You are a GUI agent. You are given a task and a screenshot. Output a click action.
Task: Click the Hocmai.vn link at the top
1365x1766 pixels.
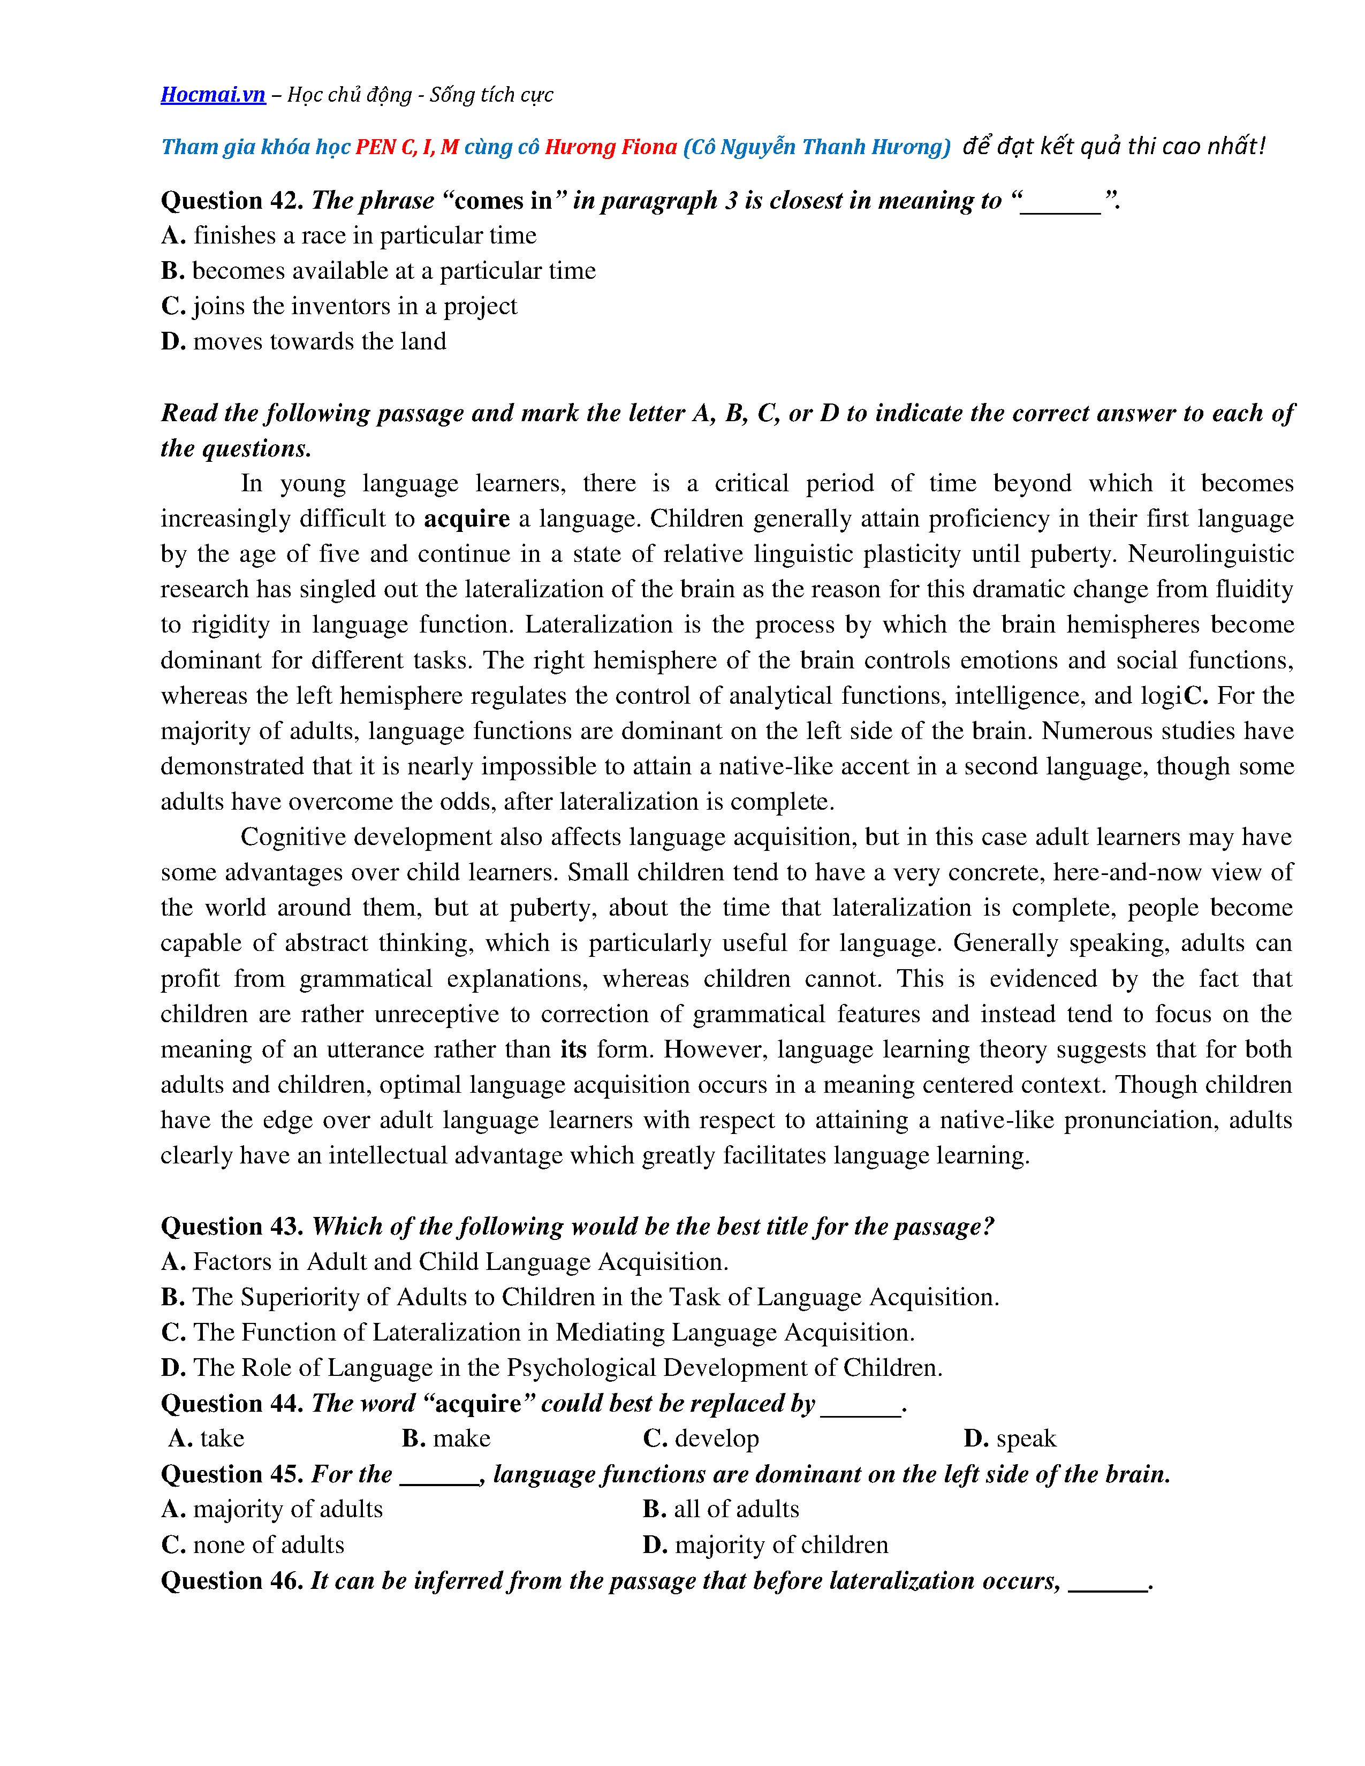(x=213, y=95)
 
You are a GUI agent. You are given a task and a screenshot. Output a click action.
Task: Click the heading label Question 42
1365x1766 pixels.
(x=231, y=201)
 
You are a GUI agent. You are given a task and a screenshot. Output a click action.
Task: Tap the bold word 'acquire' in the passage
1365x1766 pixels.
(x=467, y=519)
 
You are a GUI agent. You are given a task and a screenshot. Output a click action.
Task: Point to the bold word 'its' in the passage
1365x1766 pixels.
(x=573, y=1049)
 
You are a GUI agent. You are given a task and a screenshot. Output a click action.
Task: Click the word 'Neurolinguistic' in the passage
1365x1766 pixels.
(x=1210, y=554)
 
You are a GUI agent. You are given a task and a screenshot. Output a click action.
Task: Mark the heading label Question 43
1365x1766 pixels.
(x=231, y=1227)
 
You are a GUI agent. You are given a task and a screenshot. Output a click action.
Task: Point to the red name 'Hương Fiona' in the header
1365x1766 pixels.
(x=611, y=147)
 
